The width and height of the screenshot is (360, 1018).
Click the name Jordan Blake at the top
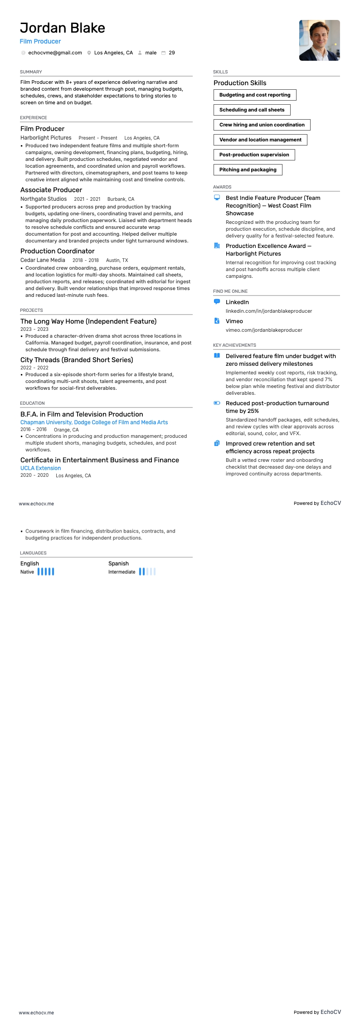coord(63,28)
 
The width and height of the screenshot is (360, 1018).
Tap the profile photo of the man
coord(319,40)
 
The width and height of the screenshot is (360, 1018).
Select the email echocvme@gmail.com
coord(55,53)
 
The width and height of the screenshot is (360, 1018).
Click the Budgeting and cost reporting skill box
coord(255,95)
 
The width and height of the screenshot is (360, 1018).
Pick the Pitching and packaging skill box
coord(248,170)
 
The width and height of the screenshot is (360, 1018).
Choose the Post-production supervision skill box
coord(254,155)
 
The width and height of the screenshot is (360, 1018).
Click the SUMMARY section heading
coord(31,72)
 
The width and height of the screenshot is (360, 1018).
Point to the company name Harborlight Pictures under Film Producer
coord(46,138)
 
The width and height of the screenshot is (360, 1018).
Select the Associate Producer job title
coord(51,190)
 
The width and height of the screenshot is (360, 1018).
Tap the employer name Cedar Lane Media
coord(43,260)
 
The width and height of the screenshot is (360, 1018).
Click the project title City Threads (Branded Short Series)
coord(77,360)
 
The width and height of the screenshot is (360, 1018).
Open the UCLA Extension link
coord(40,468)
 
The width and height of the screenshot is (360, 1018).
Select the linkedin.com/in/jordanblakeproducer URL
coord(269,311)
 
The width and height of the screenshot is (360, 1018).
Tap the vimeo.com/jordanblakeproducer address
coord(264,330)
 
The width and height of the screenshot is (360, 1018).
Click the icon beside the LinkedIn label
coord(217,302)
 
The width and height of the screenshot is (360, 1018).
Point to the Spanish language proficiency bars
coord(147,572)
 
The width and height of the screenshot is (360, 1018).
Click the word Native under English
coord(27,572)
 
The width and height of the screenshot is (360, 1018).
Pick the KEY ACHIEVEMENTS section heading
coord(234,345)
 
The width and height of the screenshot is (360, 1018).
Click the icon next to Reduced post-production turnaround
coord(217,403)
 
